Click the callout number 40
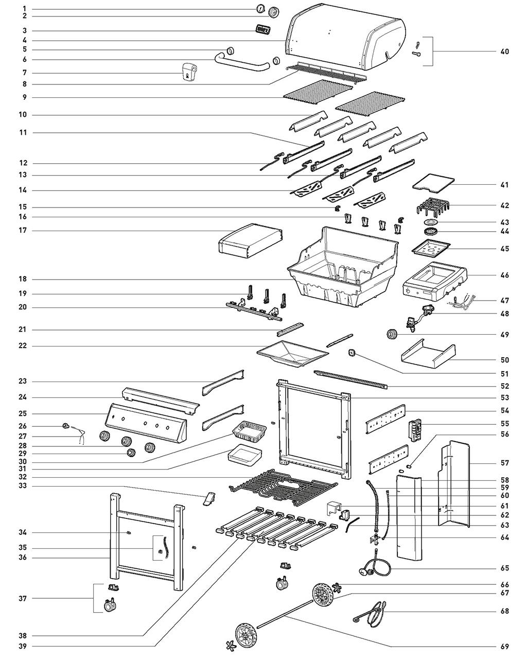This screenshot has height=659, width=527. click(504, 51)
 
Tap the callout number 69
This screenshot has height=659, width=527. click(504, 647)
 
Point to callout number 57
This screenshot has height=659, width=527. click(504, 463)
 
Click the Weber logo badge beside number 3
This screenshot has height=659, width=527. click(262, 29)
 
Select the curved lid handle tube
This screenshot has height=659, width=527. click(242, 64)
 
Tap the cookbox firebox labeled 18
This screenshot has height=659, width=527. click(342, 268)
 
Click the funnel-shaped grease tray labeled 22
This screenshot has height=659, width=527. click(292, 354)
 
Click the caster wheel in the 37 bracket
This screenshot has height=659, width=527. click(111, 606)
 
